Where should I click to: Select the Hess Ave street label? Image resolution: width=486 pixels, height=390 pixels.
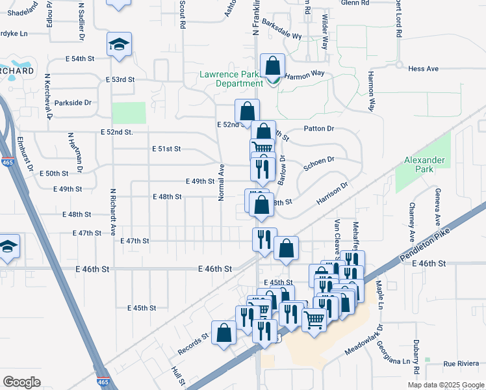tap(423, 68)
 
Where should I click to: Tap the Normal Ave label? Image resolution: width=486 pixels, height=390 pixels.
tap(222, 181)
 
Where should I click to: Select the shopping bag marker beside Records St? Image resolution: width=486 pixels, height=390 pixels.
tap(224, 332)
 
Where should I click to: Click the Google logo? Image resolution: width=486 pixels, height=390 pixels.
tap(21, 382)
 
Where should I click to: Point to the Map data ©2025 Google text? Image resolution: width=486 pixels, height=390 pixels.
tap(446, 385)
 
